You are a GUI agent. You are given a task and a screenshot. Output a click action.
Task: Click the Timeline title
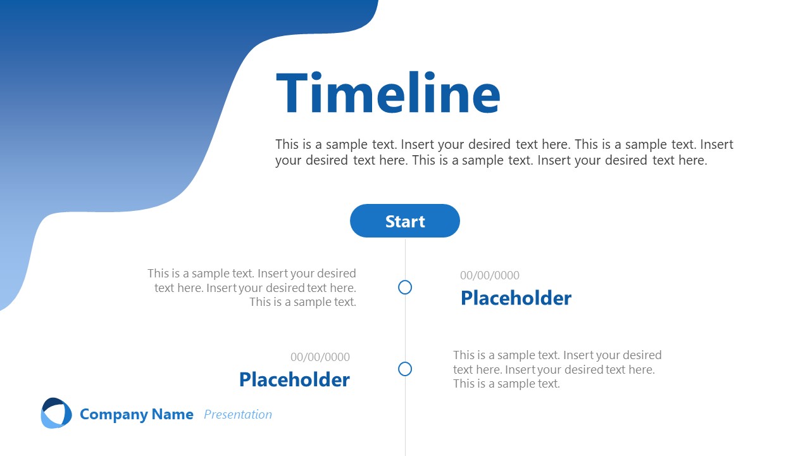coord(388,94)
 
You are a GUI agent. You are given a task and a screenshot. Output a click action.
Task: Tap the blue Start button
coord(405,221)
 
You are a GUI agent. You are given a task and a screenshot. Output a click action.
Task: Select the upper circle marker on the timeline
coord(405,288)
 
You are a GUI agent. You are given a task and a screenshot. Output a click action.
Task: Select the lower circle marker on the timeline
coord(405,369)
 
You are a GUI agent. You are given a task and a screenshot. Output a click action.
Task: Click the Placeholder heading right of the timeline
coord(516,298)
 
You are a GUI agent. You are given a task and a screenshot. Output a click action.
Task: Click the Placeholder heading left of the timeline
coord(294,380)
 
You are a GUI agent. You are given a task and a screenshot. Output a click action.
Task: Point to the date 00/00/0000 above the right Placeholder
coord(490,275)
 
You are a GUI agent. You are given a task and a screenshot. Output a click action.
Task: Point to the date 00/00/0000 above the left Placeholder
coord(320,357)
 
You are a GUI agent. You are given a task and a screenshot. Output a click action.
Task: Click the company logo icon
coord(56,413)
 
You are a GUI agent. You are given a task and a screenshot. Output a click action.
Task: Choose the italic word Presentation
coord(238,415)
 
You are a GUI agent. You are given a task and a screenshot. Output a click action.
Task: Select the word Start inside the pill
coord(405,222)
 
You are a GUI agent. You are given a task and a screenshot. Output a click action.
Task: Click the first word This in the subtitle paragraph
coord(287,144)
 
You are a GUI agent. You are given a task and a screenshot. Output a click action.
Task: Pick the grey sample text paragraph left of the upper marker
coord(252,288)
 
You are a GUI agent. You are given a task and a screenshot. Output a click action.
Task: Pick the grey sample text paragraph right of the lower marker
coord(557,369)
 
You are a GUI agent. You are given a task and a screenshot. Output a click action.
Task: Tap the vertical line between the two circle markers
coord(405,328)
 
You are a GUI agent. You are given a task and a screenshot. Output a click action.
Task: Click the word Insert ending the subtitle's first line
coord(716,144)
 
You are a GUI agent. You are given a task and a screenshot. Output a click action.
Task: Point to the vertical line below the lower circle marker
coord(405,415)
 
